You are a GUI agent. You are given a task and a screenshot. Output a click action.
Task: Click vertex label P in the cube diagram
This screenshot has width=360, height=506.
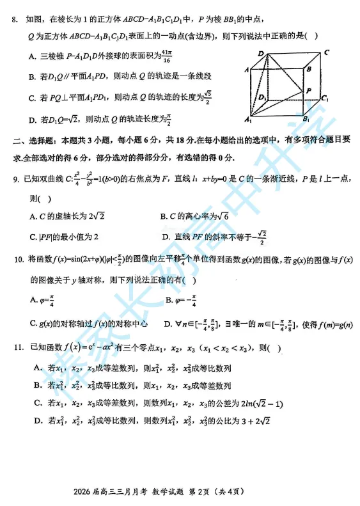click(309, 91)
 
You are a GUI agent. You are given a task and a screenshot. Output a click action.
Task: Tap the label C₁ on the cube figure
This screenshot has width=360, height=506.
click(325, 99)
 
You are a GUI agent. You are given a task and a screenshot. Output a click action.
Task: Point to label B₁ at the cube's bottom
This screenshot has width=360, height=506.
click(306, 119)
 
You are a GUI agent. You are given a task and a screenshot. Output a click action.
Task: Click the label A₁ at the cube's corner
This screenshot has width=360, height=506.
click(247, 120)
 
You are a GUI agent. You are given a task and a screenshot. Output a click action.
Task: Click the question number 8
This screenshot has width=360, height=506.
click(15, 21)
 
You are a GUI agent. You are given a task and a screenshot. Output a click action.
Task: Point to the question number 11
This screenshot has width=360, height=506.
click(17, 347)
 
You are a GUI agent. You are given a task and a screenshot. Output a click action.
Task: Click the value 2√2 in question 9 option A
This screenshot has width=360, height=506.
click(88, 217)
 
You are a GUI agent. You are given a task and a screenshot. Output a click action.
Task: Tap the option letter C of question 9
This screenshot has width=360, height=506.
click(33, 237)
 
